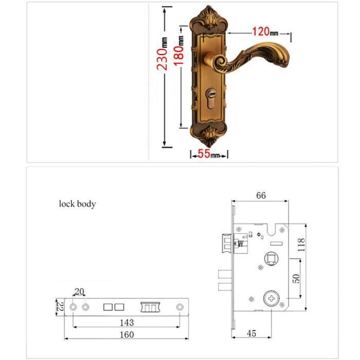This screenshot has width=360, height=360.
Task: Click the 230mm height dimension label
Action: pyautogui.click(x=162, y=53)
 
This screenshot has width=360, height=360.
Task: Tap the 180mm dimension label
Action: pyautogui.click(x=178, y=50)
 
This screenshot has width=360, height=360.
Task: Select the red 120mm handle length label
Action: pyautogui.click(x=265, y=32)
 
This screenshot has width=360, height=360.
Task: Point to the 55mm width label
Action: pyautogui.click(x=208, y=154)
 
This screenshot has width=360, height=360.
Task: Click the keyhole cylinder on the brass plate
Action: pyautogui.click(x=211, y=98)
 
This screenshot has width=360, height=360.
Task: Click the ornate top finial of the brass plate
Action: pyautogui.click(x=208, y=18)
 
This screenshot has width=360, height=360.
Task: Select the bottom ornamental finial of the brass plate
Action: pyautogui.click(x=208, y=135)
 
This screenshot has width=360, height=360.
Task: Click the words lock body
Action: pyautogui.click(x=77, y=204)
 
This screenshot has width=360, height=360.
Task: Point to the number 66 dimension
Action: pyautogui.click(x=261, y=195)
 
